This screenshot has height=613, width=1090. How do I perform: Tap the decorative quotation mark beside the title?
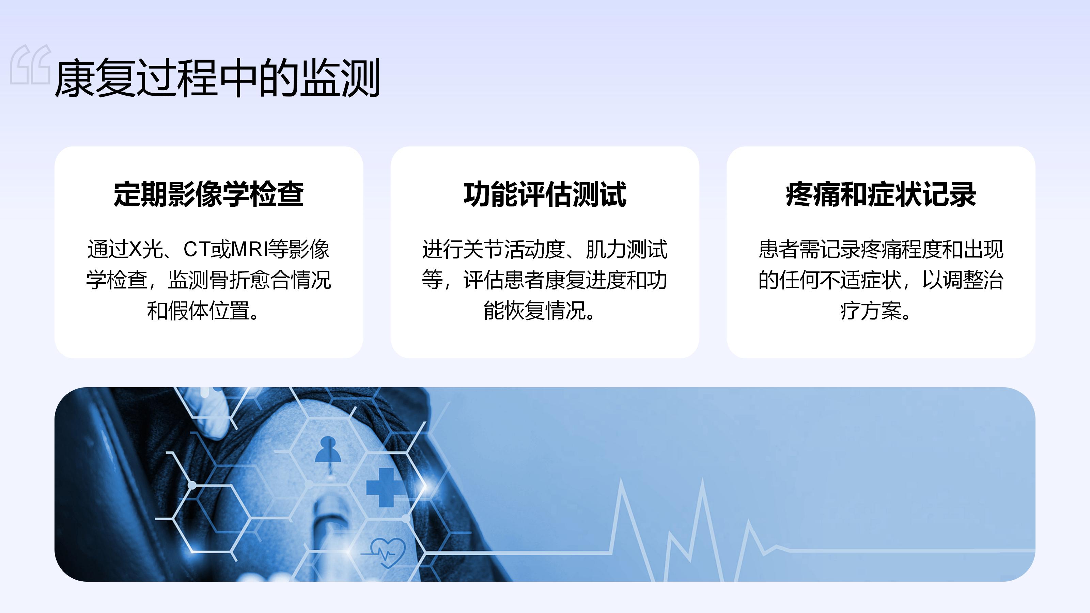click(30, 64)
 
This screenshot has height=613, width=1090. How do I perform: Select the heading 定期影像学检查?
click(208, 194)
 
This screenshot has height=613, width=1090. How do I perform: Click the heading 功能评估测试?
click(545, 194)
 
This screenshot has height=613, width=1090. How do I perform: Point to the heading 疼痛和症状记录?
click(881, 194)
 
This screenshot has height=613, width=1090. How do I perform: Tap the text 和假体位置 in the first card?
click(198, 311)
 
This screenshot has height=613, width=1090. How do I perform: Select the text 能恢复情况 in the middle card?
click(534, 311)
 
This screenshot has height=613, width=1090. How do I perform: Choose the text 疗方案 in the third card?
click(871, 311)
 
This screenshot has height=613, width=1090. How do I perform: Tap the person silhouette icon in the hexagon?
click(328, 449)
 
